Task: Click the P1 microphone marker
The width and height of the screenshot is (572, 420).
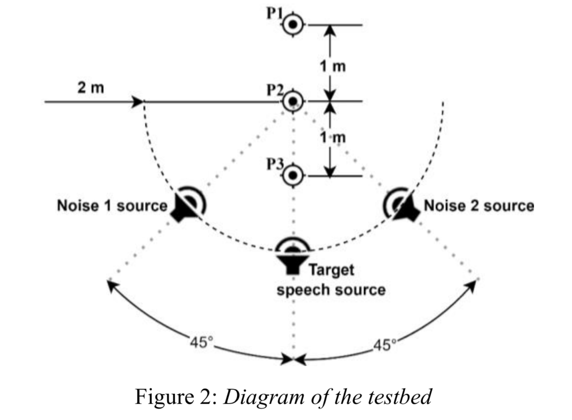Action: click(x=292, y=25)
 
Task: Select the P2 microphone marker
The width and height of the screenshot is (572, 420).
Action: click(x=292, y=102)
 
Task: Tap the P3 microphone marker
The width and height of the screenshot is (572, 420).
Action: click(x=292, y=176)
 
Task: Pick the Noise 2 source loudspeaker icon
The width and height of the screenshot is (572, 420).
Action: click(x=401, y=205)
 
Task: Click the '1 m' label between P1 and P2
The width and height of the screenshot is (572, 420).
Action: click(x=333, y=66)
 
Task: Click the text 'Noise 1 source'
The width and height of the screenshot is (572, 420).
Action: click(x=112, y=206)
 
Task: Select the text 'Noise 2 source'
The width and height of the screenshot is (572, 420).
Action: click(x=479, y=206)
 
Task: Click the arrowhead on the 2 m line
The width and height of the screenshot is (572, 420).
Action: click(x=137, y=102)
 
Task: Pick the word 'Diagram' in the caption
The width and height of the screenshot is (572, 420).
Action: click(x=258, y=397)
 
